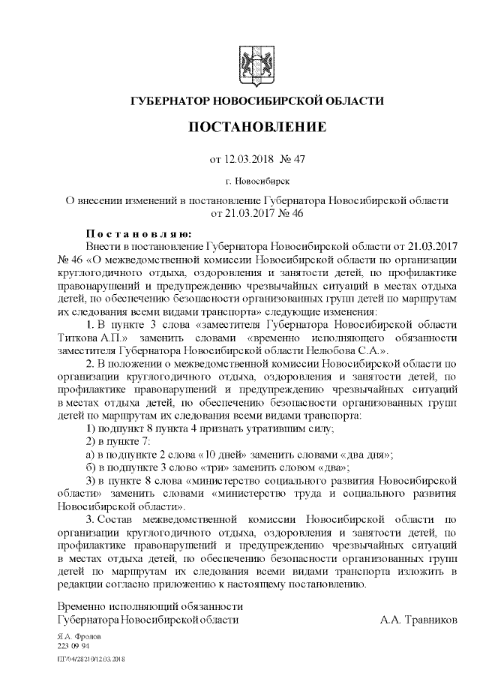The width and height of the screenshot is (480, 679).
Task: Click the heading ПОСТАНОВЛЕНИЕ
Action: [x=257, y=127]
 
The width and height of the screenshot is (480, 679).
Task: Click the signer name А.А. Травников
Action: [x=418, y=620]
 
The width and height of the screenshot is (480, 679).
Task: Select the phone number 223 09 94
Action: [x=73, y=644]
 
